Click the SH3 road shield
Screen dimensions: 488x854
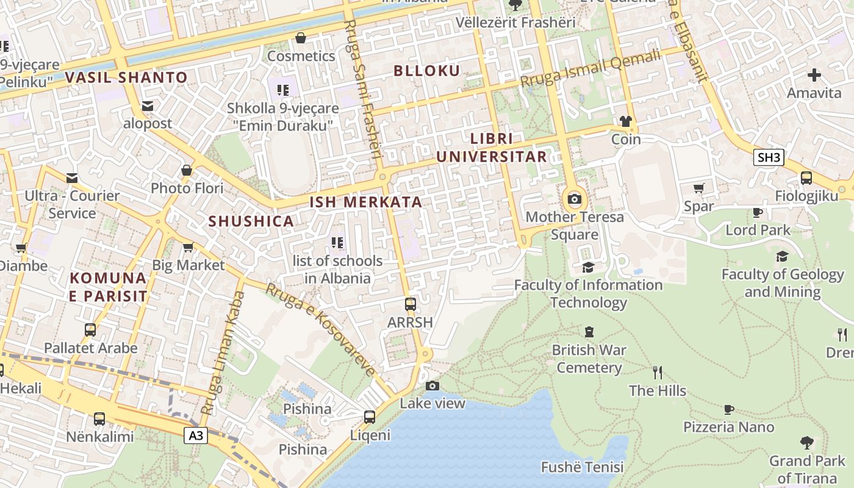[768, 157]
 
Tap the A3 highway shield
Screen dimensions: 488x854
[196, 436]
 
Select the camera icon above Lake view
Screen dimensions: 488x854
[432, 386]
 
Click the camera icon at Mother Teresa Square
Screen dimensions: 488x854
[574, 199]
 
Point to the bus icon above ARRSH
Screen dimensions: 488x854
[411, 304]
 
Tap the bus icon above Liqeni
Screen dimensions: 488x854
[370, 417]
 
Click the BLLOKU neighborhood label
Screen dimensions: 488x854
[426, 71]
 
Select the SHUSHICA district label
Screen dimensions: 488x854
[251, 221]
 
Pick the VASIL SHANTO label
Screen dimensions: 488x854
[126, 77]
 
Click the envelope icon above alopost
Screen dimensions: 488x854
[148, 106]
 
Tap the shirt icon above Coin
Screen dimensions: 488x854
[626, 121]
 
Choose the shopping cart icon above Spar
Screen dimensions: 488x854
[699, 188]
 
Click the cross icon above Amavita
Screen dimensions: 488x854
[814, 76]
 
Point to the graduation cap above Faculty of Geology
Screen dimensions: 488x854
[782, 256]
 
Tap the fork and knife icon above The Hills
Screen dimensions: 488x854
[658, 373]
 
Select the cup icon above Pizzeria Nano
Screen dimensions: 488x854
[728, 409]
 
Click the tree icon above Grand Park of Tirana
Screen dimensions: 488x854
[806, 442]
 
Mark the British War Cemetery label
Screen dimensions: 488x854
[589, 359]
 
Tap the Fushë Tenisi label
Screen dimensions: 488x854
[582, 467]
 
